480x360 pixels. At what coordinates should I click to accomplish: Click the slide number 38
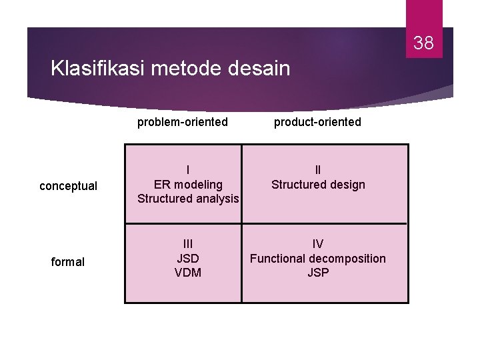(423, 44)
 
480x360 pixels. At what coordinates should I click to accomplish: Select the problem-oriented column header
(183, 122)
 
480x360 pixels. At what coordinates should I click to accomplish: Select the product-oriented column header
(317, 122)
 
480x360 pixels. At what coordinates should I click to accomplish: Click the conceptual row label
(68, 186)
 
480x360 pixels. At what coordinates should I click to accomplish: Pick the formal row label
(68, 262)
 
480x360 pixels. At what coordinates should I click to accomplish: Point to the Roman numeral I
(188, 170)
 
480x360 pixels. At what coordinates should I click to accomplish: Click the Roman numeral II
(318, 170)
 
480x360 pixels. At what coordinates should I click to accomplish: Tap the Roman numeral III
(188, 244)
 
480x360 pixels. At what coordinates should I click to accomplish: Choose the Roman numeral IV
(318, 244)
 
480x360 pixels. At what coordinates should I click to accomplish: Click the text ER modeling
(188, 184)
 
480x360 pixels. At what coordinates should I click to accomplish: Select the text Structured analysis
(188, 198)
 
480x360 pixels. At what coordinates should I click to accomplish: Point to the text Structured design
(318, 185)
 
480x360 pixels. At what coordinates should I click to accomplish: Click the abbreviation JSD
(188, 258)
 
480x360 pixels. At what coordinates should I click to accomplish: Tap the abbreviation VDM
(188, 272)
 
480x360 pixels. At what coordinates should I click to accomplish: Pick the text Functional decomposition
(318, 258)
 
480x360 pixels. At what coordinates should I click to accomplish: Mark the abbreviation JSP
(318, 272)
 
